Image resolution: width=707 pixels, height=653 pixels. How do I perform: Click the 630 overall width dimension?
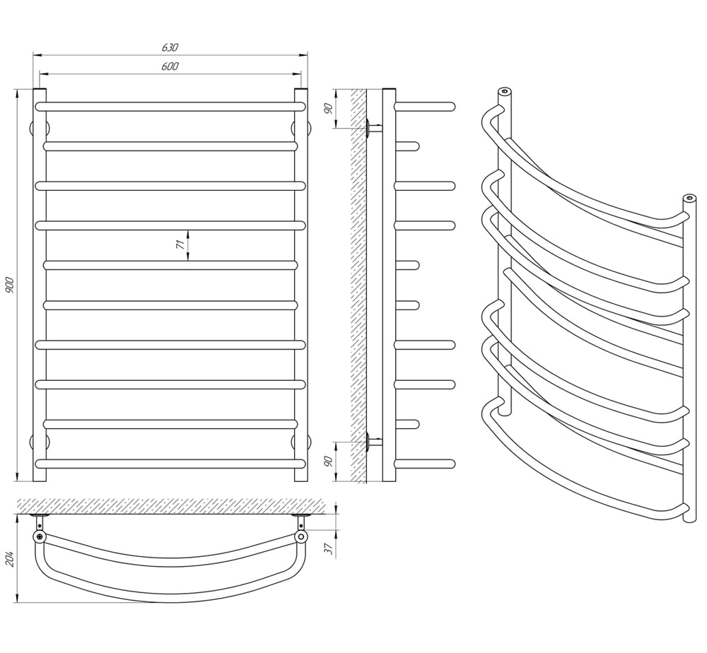(170, 47)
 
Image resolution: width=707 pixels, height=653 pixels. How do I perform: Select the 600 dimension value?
(170, 66)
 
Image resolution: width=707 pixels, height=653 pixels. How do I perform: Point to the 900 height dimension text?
(11, 286)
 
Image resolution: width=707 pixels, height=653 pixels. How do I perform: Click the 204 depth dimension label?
(11, 559)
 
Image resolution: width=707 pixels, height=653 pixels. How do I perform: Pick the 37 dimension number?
(329, 548)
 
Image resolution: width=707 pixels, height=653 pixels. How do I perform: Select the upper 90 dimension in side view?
(329, 109)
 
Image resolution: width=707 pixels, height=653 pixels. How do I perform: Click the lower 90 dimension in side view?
(329, 461)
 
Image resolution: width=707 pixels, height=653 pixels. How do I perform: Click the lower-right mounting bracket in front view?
(308, 442)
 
